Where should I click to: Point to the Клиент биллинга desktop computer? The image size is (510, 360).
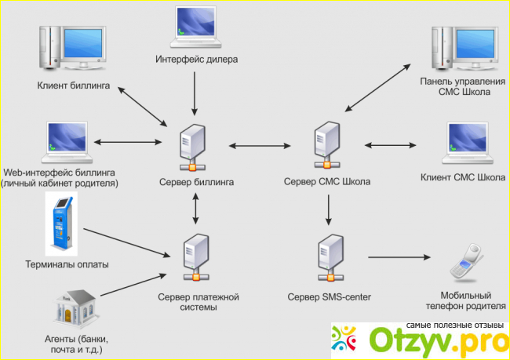[x=71, y=48]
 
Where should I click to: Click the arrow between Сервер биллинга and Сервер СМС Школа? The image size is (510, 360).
[x=260, y=145]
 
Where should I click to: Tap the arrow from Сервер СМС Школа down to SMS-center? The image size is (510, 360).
[x=328, y=210]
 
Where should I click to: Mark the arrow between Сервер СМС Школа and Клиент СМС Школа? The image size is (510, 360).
[x=391, y=145]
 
